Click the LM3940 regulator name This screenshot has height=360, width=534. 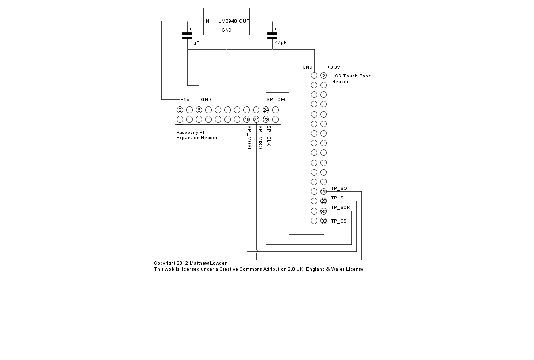tap(228, 21)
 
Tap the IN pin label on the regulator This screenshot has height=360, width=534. tap(207, 21)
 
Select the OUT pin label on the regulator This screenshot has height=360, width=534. tap(244, 21)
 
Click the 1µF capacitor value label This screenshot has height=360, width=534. tap(195, 43)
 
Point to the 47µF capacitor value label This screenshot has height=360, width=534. tap(280, 43)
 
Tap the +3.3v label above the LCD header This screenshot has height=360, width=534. tap(334, 67)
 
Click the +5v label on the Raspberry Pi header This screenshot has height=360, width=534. tap(185, 100)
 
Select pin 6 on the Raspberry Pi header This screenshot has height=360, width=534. tap(199, 110)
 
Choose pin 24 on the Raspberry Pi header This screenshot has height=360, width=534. tap(266, 110)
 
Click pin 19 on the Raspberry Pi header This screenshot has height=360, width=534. tap(247, 119)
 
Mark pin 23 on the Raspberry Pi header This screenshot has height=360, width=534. tap(266, 119)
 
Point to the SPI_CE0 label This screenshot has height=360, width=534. tap(277, 100)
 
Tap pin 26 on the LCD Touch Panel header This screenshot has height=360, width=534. tap(324, 192)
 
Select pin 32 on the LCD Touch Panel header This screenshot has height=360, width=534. tap(324, 221)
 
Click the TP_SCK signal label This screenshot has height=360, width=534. tap(341, 208)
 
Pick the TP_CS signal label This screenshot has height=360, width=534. tap(339, 221)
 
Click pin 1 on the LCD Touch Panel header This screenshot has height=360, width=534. tap(314, 76)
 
